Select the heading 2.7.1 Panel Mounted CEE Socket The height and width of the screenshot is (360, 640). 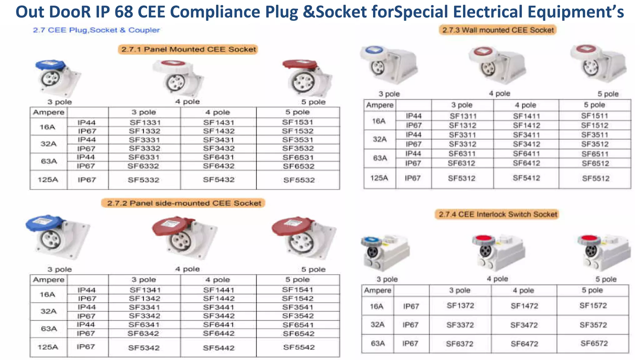click(188, 49)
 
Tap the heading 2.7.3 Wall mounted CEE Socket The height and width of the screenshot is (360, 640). click(498, 30)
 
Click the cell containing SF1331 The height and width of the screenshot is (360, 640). click(145, 122)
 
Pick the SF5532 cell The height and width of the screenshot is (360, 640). click(299, 180)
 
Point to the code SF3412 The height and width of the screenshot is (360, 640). click(526, 144)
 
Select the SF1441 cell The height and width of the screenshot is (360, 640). click(218, 290)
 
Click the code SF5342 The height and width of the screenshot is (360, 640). click(144, 347)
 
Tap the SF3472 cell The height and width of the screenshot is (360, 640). click(524, 325)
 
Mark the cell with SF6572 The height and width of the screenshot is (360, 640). click(594, 343)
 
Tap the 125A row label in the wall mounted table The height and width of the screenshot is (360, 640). click(379, 178)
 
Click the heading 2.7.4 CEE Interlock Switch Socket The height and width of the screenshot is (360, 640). click(497, 214)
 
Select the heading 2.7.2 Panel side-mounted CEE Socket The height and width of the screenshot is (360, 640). click(184, 203)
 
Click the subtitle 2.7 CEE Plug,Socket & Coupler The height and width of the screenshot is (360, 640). click(96, 30)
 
